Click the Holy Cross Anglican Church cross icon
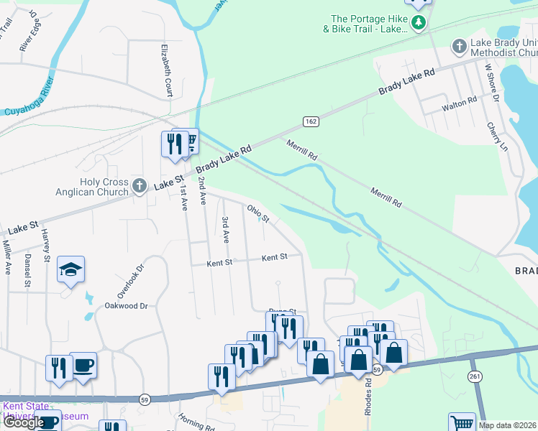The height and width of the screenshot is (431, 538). click(x=140, y=187)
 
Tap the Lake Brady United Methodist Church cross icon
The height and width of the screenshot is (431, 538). click(x=459, y=47)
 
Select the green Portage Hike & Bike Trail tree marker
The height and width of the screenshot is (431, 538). click(x=419, y=24)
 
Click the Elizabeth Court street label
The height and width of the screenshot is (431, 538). click(x=167, y=70)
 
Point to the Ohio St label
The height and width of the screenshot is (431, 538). click(x=257, y=213)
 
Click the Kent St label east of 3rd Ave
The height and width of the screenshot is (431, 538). click(x=274, y=256)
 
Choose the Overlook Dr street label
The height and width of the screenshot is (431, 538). click(x=130, y=281)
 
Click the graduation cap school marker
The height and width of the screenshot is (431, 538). click(x=71, y=269)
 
